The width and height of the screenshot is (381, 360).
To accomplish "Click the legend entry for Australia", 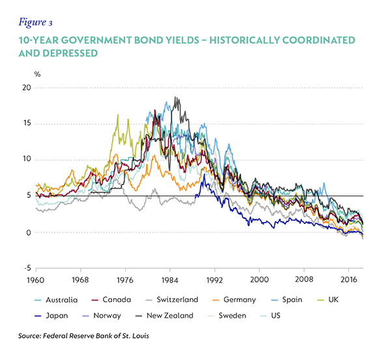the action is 56,300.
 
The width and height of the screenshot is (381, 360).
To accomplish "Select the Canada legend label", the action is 111,299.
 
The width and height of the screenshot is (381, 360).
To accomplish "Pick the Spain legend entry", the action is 287,299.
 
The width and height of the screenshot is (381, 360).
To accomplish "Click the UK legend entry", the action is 328,299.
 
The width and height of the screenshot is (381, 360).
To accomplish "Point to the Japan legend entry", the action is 51,316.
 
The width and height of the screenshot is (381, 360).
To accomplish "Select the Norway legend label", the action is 102,316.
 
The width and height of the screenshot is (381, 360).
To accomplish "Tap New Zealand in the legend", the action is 164,316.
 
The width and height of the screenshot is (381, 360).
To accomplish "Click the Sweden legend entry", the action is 227,316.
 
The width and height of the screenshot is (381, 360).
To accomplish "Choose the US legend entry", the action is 270,316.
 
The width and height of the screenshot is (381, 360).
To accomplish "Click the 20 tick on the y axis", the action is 27,88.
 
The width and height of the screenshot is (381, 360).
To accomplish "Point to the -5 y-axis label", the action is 28,268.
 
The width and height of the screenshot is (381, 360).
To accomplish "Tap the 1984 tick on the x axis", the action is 170,280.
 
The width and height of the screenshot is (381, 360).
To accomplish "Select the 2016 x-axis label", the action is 348,280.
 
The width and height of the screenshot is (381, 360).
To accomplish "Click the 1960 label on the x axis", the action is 36,280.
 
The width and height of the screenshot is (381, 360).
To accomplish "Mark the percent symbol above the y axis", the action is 37,74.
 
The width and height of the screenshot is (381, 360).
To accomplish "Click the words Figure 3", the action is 35,22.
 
